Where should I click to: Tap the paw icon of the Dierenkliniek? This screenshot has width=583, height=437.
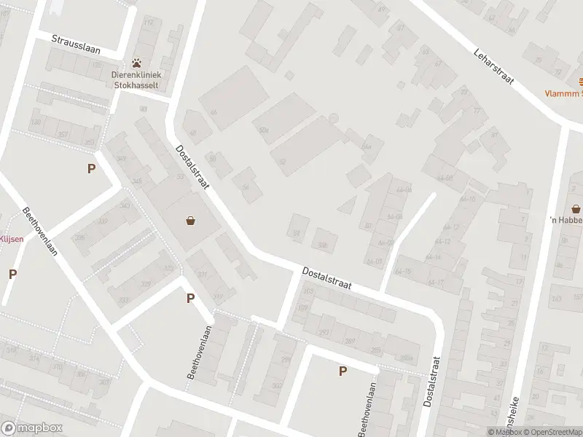(x=136, y=63)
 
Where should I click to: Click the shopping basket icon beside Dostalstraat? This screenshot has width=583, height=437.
(x=191, y=221)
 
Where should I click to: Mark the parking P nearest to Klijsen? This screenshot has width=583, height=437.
(x=12, y=274)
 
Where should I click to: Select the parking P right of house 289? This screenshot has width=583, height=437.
(x=343, y=371)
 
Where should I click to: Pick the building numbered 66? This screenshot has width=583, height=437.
(x=214, y=111)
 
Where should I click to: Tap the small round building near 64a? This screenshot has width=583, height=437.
(x=334, y=118)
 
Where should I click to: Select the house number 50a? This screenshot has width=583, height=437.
(x=263, y=130)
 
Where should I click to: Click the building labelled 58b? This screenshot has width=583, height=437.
(x=322, y=245)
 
